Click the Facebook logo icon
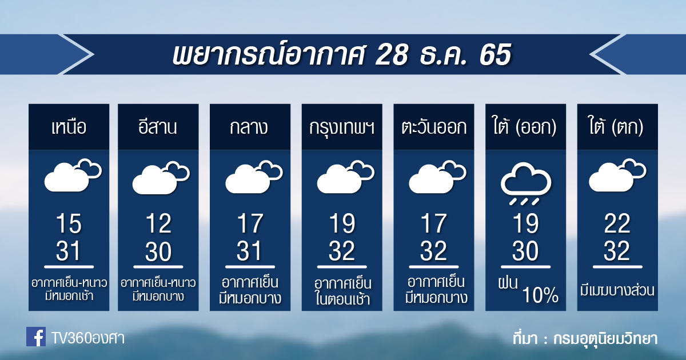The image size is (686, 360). [x=36, y=337]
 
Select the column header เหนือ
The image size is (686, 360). [x=69, y=127]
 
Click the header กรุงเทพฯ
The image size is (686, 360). [x=342, y=127]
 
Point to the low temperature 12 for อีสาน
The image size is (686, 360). [x=158, y=223]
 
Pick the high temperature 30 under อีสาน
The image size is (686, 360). [x=158, y=251]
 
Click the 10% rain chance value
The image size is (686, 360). [x=540, y=295]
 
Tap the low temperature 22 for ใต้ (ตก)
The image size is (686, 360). [x=617, y=223]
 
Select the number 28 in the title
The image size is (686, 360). [x=392, y=54]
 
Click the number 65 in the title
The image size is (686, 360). [x=495, y=54]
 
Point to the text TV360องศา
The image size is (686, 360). [x=87, y=338]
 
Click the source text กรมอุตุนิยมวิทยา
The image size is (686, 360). [x=605, y=338]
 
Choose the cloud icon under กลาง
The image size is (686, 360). [x=254, y=177]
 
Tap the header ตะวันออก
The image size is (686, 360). [x=434, y=127]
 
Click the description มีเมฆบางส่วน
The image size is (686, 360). [x=617, y=290]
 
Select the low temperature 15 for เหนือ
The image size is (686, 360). [x=69, y=223]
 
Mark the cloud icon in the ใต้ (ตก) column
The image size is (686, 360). [x=617, y=175]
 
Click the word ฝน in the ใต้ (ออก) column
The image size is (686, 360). [x=508, y=283]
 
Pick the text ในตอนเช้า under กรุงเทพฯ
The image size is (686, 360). [x=342, y=299]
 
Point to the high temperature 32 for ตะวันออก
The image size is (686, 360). [x=434, y=251]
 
